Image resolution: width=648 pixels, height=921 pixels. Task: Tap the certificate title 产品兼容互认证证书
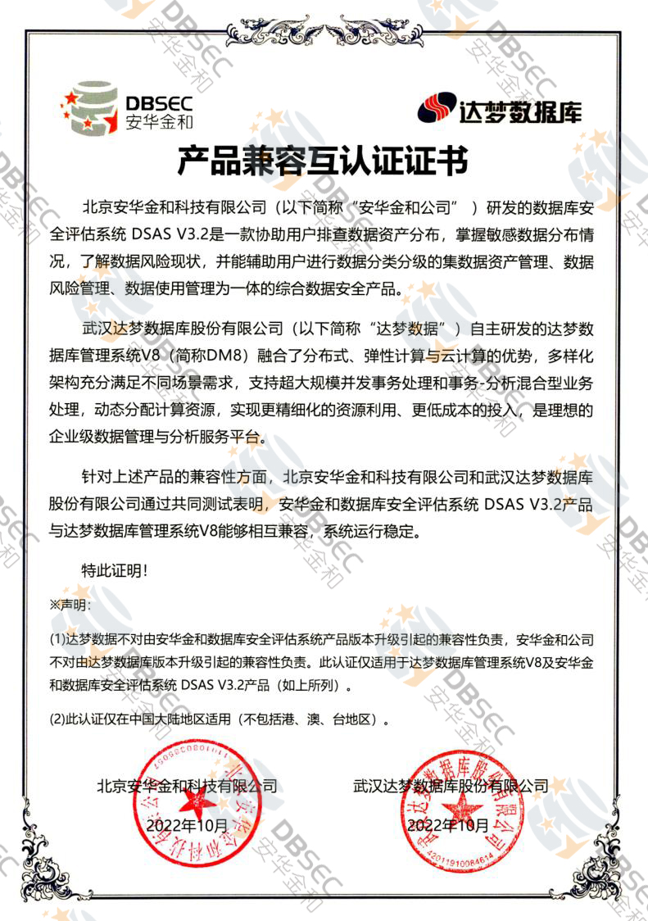pyautogui.click(x=324, y=161)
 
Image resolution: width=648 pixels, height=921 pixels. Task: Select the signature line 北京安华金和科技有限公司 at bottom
pyautogui.click(x=187, y=785)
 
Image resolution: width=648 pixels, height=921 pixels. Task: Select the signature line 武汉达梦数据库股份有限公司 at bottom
pyautogui.click(x=451, y=785)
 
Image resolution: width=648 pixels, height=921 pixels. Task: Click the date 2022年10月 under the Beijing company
pyautogui.click(x=185, y=824)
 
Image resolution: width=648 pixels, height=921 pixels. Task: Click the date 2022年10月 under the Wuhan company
pyautogui.click(x=448, y=824)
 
